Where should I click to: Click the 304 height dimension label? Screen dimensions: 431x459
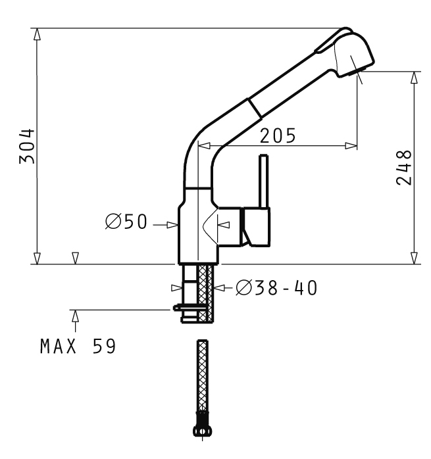click(x=27, y=146)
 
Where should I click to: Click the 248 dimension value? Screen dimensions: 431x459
click(x=404, y=168)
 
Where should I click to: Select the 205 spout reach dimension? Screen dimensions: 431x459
click(x=278, y=136)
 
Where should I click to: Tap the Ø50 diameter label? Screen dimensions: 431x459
click(x=126, y=222)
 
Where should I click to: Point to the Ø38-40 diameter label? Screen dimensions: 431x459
click(x=276, y=288)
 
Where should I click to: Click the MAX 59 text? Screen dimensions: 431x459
click(x=78, y=347)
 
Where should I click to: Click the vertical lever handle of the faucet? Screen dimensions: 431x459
click(x=264, y=181)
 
